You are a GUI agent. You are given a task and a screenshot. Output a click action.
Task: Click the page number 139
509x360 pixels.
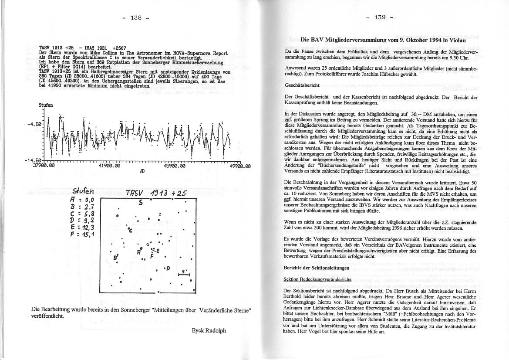[380, 18]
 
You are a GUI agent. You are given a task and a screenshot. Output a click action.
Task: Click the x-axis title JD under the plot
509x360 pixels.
[142, 171]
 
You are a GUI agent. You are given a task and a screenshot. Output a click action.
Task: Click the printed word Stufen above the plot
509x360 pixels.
[46, 105]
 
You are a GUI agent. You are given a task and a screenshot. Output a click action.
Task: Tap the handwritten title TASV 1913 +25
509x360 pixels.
[155, 194]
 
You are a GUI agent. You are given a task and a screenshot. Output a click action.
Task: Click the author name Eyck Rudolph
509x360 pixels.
[209, 330]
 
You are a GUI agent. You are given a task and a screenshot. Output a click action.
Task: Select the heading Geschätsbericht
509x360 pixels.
[302, 86]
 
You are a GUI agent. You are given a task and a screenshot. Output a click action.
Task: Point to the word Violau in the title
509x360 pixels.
[453, 40]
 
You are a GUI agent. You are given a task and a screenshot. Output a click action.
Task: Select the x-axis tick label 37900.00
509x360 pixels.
[44, 166]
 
